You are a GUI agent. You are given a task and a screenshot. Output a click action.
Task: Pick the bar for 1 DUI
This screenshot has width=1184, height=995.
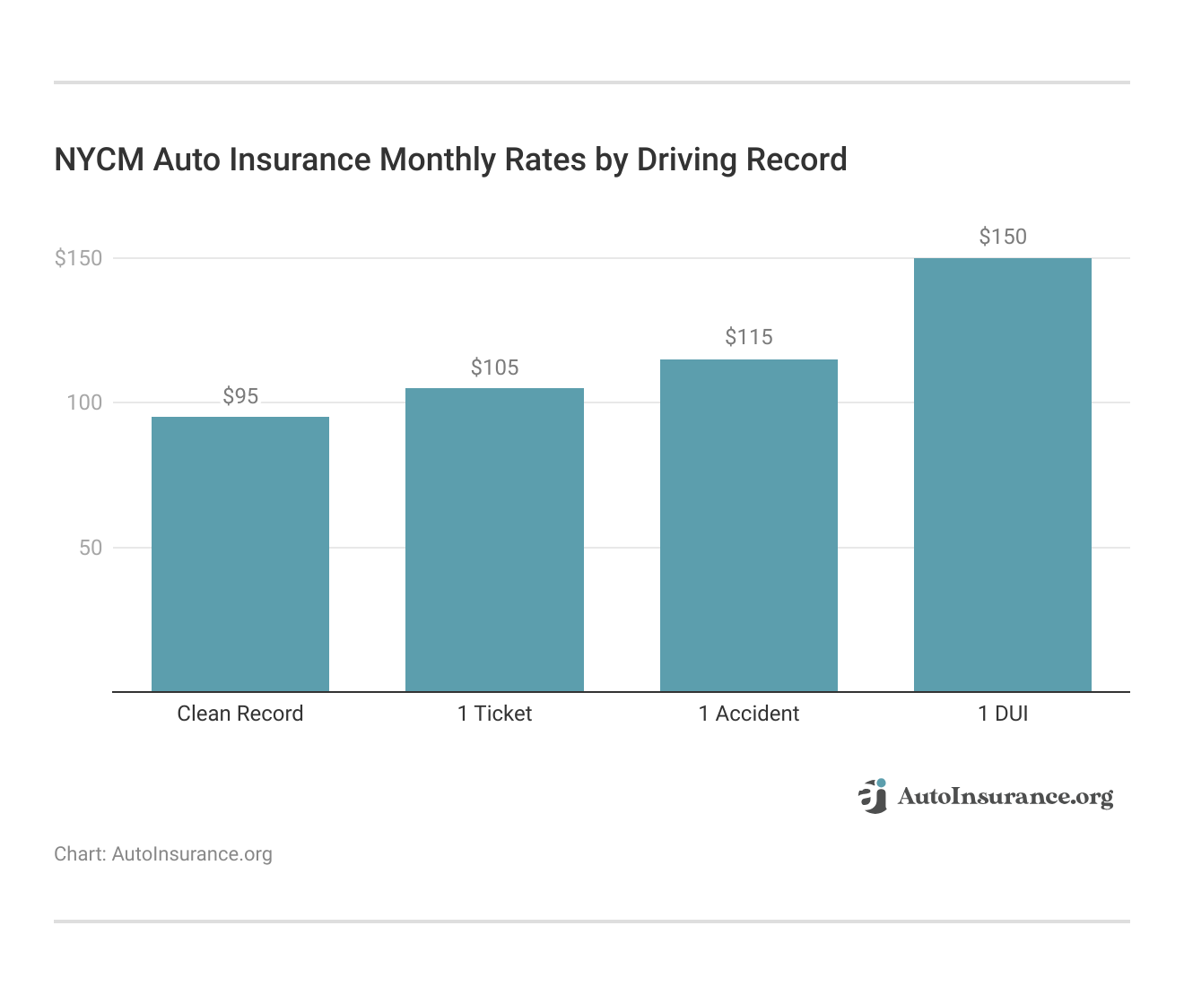1003,475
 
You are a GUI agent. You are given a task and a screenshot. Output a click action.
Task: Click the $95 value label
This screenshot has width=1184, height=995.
240,396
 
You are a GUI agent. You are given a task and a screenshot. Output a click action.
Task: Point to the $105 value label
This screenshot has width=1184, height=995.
494,368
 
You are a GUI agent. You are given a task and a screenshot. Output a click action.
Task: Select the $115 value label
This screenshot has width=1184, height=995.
749,337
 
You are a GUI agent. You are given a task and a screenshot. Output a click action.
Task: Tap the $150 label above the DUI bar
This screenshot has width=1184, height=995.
1003,237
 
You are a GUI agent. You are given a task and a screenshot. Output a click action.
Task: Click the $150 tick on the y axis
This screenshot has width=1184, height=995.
79,258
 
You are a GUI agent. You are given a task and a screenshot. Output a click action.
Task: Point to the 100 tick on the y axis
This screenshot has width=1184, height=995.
84,402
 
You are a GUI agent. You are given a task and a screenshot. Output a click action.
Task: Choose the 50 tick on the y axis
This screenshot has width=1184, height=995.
91,548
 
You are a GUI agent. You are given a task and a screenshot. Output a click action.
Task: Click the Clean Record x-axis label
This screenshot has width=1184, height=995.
240,714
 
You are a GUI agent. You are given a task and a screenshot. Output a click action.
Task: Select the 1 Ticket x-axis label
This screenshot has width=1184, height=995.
494,714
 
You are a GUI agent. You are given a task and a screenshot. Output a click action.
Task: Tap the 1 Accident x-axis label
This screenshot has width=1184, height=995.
749,714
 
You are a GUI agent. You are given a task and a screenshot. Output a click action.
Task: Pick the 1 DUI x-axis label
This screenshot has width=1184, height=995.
1003,714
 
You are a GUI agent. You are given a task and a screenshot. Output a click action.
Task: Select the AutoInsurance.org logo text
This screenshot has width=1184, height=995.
1006,796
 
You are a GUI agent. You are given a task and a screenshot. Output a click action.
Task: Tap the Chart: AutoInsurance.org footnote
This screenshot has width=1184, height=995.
163,854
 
